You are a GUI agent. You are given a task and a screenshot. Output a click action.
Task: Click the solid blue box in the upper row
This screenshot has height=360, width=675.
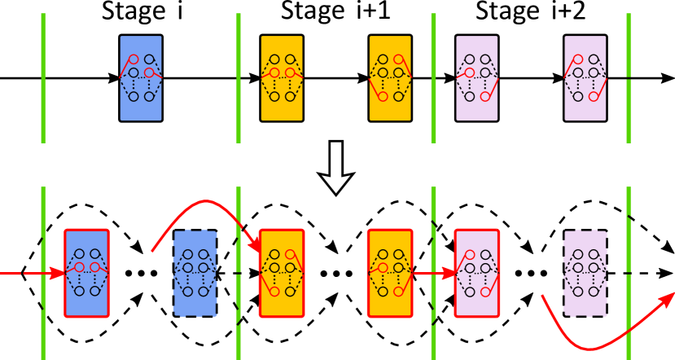[x=141, y=78]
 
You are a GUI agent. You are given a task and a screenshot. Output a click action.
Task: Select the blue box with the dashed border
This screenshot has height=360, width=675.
[x=195, y=273]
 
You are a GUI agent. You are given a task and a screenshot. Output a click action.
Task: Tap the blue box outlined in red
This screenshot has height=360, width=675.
[x=87, y=273]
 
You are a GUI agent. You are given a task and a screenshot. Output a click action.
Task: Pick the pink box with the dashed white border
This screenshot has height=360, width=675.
[x=585, y=273]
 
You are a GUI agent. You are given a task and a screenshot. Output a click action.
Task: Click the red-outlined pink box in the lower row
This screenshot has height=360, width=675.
[x=477, y=273]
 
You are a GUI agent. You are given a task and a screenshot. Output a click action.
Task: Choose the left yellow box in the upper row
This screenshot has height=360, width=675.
[x=282, y=78]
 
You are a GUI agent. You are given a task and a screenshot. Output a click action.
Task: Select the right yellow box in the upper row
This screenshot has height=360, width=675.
[x=390, y=78]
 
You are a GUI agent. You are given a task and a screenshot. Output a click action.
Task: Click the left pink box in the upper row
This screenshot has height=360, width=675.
[x=477, y=78]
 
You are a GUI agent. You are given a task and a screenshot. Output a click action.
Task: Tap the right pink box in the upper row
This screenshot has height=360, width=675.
[x=585, y=78]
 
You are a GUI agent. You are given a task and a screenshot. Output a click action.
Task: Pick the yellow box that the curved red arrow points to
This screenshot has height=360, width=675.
[x=282, y=273]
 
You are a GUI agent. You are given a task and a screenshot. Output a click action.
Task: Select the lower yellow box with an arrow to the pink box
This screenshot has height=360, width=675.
[x=390, y=273]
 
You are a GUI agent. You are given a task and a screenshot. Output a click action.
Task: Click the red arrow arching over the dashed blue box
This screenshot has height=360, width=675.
[x=204, y=201]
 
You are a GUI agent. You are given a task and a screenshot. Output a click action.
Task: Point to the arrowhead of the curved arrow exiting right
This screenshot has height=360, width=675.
[x=667, y=299]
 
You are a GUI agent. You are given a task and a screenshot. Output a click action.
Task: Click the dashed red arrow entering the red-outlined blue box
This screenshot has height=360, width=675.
[x=28, y=274]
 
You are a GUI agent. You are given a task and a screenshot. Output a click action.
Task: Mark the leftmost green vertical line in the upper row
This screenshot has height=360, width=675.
[x=43, y=78]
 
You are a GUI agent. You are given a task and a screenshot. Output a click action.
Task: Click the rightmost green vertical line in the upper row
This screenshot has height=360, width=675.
[x=629, y=78]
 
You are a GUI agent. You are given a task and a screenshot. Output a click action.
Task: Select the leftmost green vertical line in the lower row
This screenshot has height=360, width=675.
[x=43, y=273]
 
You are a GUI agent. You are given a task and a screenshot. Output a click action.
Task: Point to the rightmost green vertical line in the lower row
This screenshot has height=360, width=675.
[x=629, y=273]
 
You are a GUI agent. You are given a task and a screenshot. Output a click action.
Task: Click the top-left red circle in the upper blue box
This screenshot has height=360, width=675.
[x=134, y=59]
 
